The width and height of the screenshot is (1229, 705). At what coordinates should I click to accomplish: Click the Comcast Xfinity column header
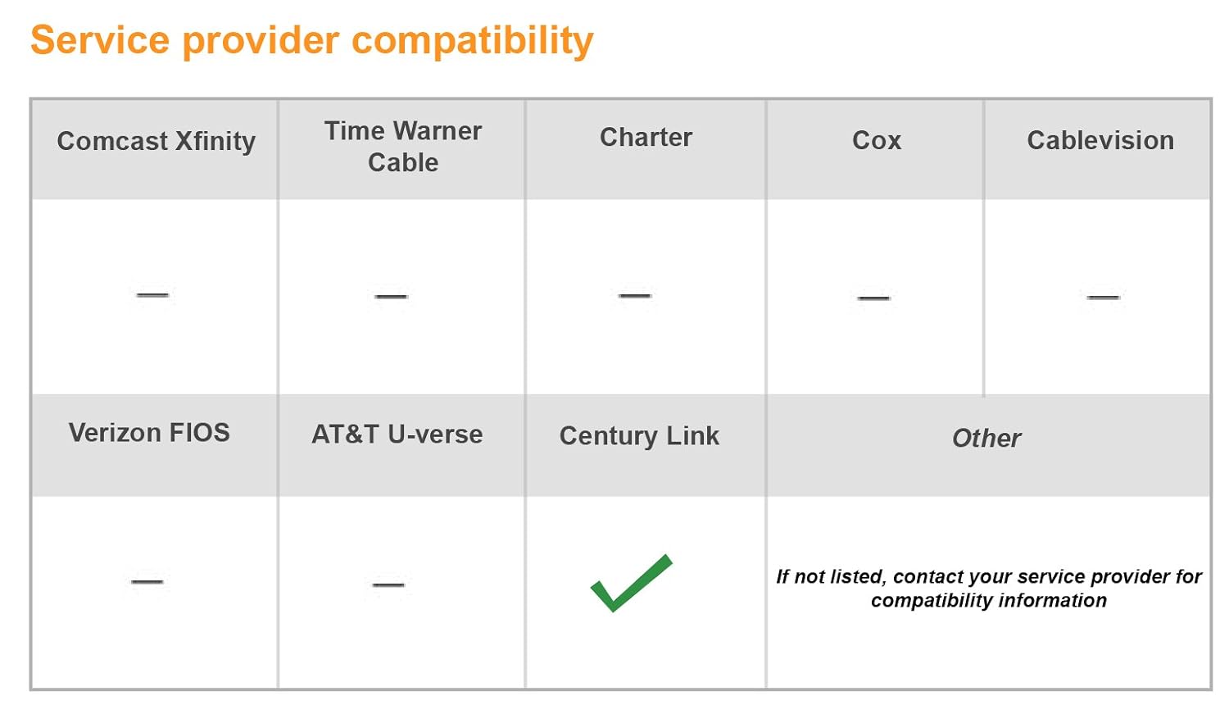coord(156,141)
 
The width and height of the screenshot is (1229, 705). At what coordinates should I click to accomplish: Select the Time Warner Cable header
coord(403,147)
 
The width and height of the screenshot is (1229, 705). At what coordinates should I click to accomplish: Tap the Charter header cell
coord(646,137)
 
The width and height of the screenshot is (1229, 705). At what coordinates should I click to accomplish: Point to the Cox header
coord(876,140)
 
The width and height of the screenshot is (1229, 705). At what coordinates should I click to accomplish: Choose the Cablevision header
coord(1100,140)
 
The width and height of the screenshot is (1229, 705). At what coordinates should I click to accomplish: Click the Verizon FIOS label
coord(149,433)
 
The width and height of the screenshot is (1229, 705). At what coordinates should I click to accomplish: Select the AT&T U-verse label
coord(397,434)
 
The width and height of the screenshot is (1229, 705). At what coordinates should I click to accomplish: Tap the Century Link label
coord(639,436)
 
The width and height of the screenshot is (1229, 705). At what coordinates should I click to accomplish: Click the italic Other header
coord(986,438)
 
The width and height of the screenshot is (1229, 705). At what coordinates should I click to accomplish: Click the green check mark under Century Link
coord(631,583)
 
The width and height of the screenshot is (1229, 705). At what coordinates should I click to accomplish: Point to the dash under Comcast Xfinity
coord(152,295)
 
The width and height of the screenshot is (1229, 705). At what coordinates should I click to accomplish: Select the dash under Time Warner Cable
coord(391,297)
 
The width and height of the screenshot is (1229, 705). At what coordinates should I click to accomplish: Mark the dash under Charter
coord(635,295)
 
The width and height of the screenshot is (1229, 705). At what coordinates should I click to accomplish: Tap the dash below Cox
coord(874,298)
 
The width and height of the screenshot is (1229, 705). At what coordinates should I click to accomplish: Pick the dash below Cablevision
coord(1104,297)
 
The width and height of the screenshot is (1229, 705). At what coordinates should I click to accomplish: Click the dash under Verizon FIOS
coord(147,581)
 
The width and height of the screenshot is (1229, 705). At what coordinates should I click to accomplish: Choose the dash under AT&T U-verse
coord(388,584)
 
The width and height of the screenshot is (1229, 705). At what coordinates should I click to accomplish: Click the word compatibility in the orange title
coord(473,41)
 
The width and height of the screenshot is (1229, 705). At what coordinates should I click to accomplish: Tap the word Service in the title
coord(100,40)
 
